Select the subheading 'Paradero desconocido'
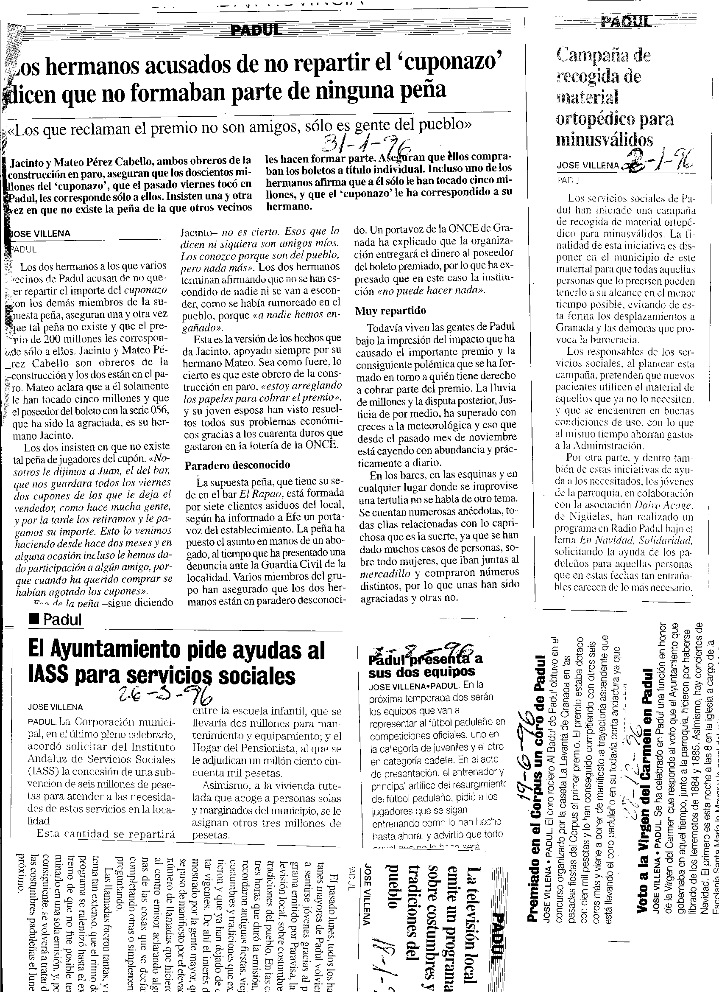point(237,465)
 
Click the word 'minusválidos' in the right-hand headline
point(605,140)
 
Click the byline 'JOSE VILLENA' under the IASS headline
point(55,706)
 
